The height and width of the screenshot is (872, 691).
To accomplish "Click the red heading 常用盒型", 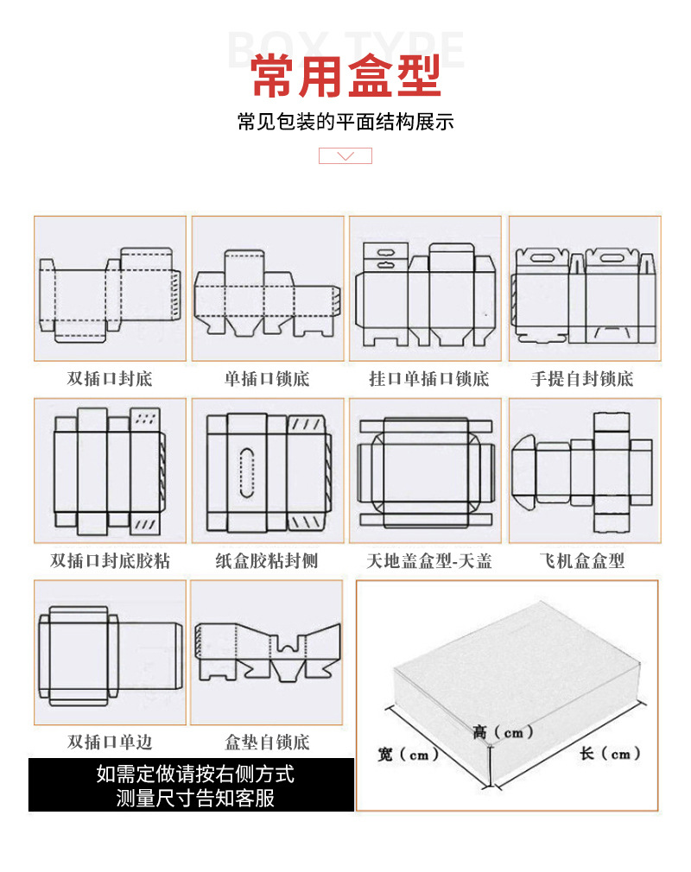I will (345, 76).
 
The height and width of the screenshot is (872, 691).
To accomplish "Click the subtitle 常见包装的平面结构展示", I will (345, 122).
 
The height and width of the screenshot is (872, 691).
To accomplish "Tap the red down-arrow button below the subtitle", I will (345, 156).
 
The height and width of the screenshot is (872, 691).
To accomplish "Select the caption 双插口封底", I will (110, 379).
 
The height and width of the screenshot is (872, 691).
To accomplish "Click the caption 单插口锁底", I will (267, 379).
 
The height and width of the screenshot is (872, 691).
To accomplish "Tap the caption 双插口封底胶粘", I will (110, 561).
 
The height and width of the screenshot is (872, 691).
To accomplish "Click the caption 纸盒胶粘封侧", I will (267, 561).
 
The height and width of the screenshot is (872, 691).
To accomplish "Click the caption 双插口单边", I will (110, 742).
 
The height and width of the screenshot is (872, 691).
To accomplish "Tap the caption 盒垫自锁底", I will (267, 742).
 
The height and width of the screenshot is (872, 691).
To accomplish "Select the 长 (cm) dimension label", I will (610, 754).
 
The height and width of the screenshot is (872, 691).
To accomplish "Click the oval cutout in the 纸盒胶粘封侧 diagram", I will (247, 473).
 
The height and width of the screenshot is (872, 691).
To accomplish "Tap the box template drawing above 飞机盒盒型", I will (584, 470).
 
